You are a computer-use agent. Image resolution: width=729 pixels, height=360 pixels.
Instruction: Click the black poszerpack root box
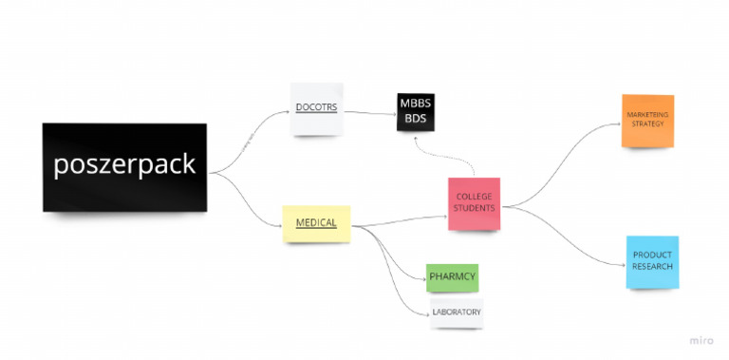point(124,166)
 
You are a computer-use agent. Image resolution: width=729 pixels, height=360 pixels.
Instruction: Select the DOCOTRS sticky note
point(316,108)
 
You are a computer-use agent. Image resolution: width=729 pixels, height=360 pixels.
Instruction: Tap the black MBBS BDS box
point(415,111)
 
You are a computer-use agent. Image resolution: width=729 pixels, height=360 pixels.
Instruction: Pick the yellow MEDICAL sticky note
point(316,223)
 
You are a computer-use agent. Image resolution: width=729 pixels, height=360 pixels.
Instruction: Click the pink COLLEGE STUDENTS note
point(474,203)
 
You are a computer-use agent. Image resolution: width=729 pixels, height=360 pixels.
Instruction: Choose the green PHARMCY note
point(452,277)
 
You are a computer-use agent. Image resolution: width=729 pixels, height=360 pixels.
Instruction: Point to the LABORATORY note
point(457,313)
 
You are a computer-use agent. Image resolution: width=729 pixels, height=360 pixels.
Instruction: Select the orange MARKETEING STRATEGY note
point(647,121)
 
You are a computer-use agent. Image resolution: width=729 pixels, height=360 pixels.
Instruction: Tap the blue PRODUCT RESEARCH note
point(652,261)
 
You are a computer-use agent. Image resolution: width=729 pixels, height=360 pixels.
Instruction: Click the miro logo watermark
point(701,339)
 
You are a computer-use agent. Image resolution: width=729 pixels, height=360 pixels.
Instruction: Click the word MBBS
point(415,104)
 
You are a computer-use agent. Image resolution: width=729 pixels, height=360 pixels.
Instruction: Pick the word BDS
point(415,120)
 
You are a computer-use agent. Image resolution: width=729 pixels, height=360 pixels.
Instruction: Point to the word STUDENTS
point(474,208)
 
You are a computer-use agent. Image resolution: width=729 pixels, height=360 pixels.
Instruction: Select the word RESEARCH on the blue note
point(652,267)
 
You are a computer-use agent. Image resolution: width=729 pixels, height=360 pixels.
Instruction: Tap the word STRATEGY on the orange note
point(647,124)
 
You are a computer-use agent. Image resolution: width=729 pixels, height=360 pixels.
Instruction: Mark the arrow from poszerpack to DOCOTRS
point(250,141)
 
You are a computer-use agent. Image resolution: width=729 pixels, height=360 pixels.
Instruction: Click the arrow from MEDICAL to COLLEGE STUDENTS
point(399,221)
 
